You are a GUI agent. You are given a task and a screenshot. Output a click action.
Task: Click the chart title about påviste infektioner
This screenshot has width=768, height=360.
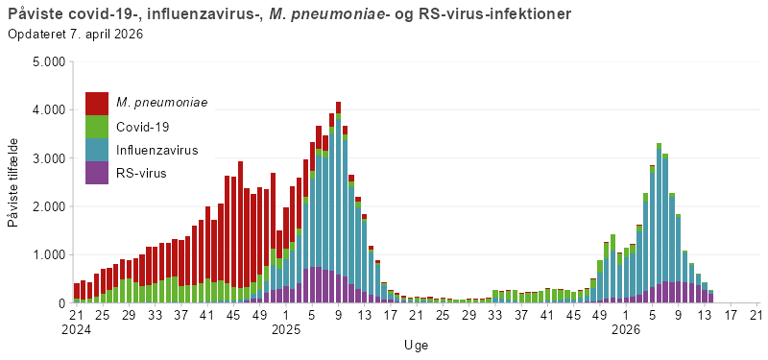(288, 14)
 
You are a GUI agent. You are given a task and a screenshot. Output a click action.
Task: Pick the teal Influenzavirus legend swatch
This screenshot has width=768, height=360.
(97, 150)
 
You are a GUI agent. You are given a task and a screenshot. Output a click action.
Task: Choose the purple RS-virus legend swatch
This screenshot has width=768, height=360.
(97, 173)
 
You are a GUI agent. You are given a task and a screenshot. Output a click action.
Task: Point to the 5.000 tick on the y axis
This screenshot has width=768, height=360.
(48, 61)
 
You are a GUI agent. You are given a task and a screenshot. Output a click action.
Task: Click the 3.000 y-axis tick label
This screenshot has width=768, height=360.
(48, 158)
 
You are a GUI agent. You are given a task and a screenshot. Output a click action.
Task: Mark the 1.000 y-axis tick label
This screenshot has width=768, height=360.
(48, 255)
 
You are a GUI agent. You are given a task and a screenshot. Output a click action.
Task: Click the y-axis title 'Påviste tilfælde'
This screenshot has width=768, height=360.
(12, 182)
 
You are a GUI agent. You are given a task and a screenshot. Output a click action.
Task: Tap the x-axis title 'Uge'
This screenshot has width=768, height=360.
(416, 345)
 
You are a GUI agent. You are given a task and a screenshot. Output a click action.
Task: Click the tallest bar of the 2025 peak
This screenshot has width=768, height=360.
(339, 202)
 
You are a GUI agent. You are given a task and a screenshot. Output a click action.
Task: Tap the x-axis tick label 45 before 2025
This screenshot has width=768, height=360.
(233, 314)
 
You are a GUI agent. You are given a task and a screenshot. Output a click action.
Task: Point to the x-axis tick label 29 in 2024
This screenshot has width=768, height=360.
(129, 314)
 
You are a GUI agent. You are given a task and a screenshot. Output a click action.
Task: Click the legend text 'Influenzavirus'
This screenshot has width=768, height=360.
(157, 151)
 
